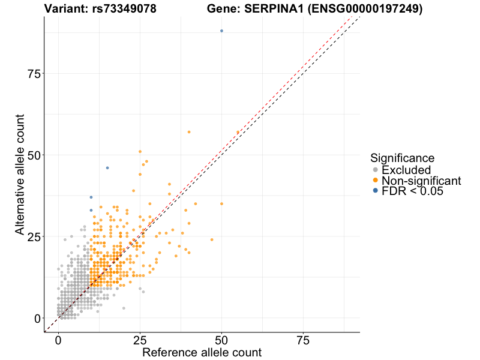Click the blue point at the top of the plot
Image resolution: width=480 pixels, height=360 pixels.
[221, 31]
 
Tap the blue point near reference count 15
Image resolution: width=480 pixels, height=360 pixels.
[107, 168]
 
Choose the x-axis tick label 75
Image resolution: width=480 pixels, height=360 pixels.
[304, 340]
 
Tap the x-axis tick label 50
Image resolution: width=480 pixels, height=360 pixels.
[221, 340]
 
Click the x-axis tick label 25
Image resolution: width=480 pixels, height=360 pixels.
[140, 340]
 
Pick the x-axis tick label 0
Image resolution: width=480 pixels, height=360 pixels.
[58, 340]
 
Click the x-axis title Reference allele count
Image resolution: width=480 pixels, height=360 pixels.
[202, 352]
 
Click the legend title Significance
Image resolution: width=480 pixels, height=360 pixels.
[402, 158]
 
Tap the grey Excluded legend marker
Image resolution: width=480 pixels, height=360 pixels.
[376, 170]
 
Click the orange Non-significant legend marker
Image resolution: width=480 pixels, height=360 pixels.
[376, 181]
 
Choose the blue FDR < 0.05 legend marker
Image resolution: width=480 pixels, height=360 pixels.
[376, 191]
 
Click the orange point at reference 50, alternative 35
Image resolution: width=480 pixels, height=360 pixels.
[221, 204]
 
